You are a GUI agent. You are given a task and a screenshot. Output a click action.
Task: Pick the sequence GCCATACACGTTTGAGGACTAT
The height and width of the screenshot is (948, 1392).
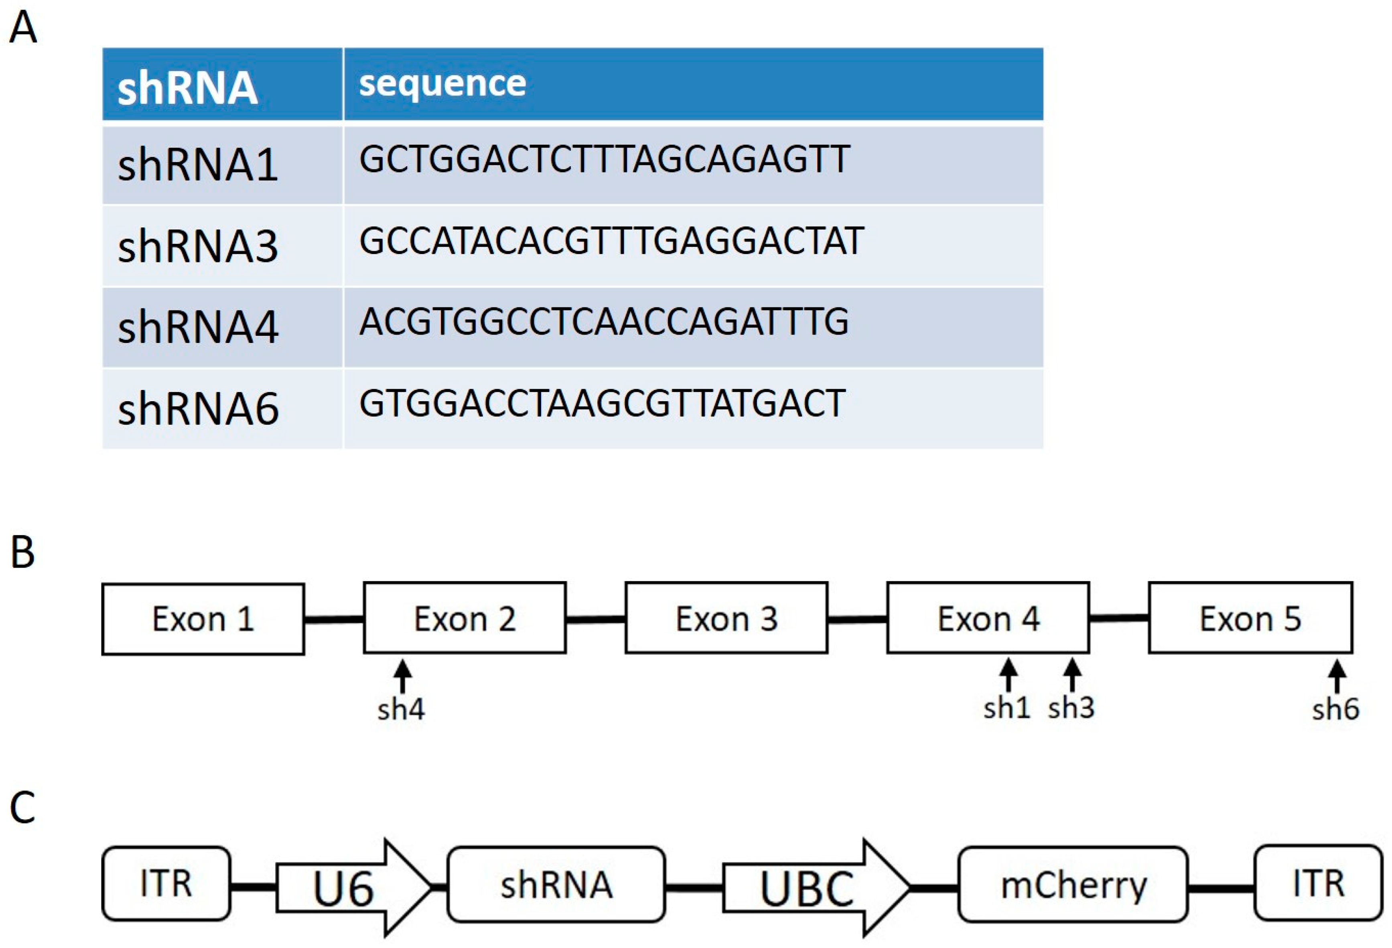coord(611,242)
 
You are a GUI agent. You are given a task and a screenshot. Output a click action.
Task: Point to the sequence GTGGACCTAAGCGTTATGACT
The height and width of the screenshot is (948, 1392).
coord(602,403)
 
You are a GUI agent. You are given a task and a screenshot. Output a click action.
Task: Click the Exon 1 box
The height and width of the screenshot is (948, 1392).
coord(203,619)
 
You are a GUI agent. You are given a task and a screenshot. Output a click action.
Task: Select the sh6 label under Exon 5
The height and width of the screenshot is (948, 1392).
coord(1335,709)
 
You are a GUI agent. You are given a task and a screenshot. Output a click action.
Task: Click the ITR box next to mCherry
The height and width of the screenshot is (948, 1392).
coord(1318,883)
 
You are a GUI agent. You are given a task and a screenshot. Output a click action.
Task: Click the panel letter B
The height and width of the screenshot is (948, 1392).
coord(23,552)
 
